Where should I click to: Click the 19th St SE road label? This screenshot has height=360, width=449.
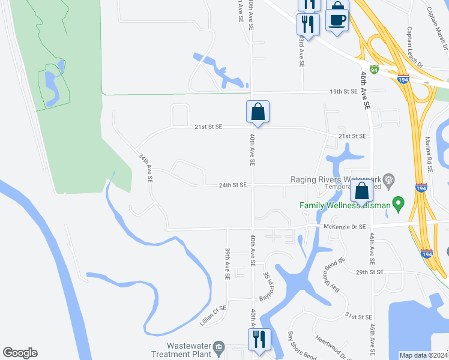pos(343,91)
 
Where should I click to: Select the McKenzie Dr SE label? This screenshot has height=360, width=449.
pos(345,226)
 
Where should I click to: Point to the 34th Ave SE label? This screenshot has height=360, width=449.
pos(145,167)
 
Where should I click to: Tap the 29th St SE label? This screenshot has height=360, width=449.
pos(369,272)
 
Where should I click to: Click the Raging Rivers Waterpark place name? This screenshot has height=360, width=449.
pos(336,179)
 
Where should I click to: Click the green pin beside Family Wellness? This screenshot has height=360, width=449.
pos(397,204)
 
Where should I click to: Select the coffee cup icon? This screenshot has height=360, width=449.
pos(337,19)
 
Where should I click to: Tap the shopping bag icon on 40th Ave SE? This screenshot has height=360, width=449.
pos(258,111)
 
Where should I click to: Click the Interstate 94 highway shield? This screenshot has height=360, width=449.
pos(374,70)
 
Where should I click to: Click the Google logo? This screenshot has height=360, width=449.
pos(20,353)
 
